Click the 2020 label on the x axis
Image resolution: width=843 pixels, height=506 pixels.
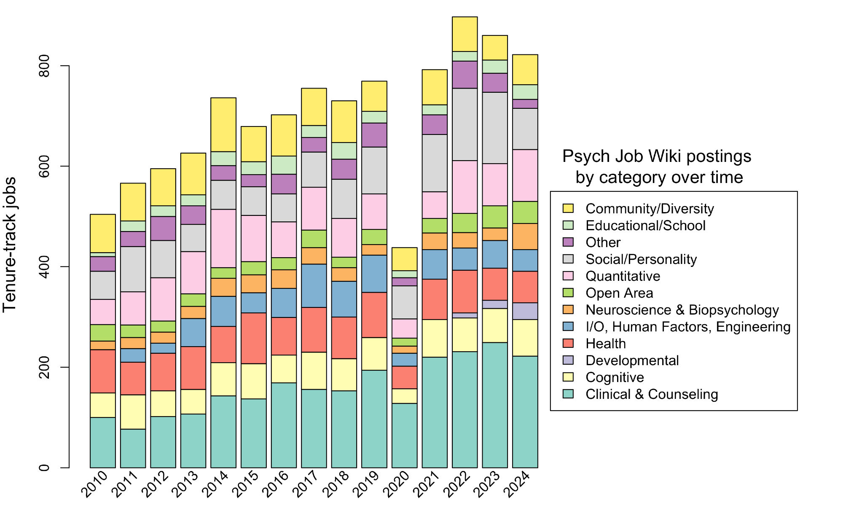399,484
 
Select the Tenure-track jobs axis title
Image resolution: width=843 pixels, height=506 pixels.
9,245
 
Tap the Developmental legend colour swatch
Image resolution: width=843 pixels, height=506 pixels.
568,361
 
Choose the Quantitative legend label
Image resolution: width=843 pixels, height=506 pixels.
623,276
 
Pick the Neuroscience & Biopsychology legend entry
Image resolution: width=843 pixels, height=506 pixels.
682,310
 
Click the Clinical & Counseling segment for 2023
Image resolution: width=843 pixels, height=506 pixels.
495,405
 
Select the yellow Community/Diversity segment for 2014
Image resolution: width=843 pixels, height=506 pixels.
223,124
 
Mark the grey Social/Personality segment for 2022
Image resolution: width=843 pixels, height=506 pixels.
464,124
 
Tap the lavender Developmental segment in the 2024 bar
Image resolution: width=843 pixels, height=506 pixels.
525,311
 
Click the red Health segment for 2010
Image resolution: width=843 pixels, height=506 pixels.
103,371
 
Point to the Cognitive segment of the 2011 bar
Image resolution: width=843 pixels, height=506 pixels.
133,412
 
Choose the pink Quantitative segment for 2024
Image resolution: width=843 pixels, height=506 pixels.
525,175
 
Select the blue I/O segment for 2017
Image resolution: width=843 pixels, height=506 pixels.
314,285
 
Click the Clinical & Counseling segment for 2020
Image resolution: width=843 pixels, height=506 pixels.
405,435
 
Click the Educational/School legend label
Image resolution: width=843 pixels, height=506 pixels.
645,226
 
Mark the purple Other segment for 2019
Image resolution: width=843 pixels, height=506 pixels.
374,135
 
